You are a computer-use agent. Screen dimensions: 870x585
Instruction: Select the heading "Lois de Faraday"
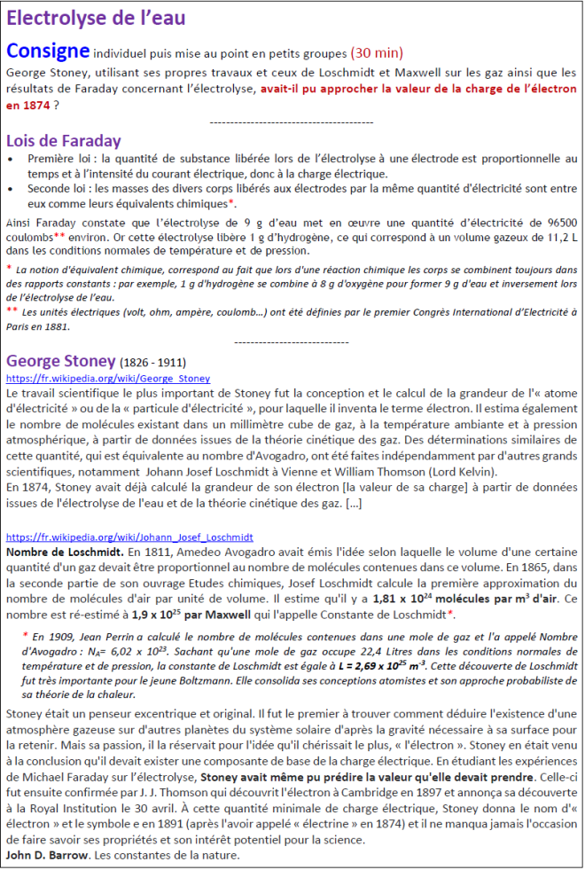click(x=63, y=141)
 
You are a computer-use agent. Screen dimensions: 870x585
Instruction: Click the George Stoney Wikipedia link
click(x=108, y=379)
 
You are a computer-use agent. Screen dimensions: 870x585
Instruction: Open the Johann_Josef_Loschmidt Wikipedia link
click(x=129, y=537)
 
